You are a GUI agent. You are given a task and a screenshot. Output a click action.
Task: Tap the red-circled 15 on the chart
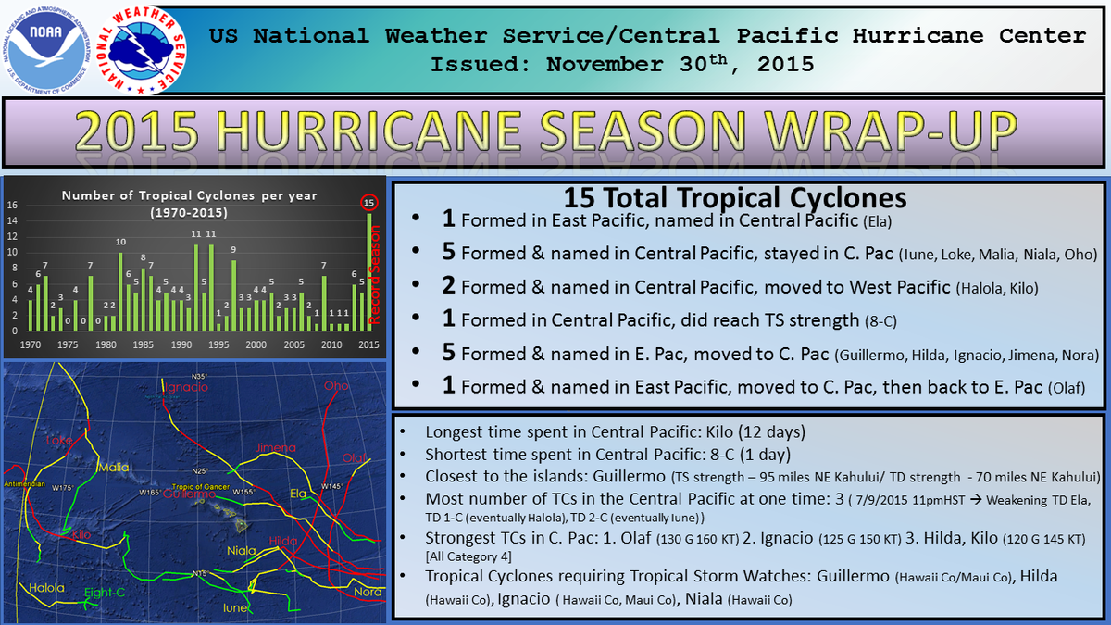click(x=369, y=203)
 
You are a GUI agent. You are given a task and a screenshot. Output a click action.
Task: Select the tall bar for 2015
click(x=369, y=270)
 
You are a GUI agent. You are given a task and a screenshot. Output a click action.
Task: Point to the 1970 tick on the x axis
click(x=30, y=344)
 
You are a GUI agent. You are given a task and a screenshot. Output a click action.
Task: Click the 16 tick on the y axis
click(x=11, y=206)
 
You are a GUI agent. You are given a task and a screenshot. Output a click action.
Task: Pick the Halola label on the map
click(x=46, y=588)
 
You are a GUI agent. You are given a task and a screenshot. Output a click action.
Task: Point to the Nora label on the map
click(x=368, y=592)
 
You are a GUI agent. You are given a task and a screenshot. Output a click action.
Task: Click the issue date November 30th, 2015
click(x=680, y=65)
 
